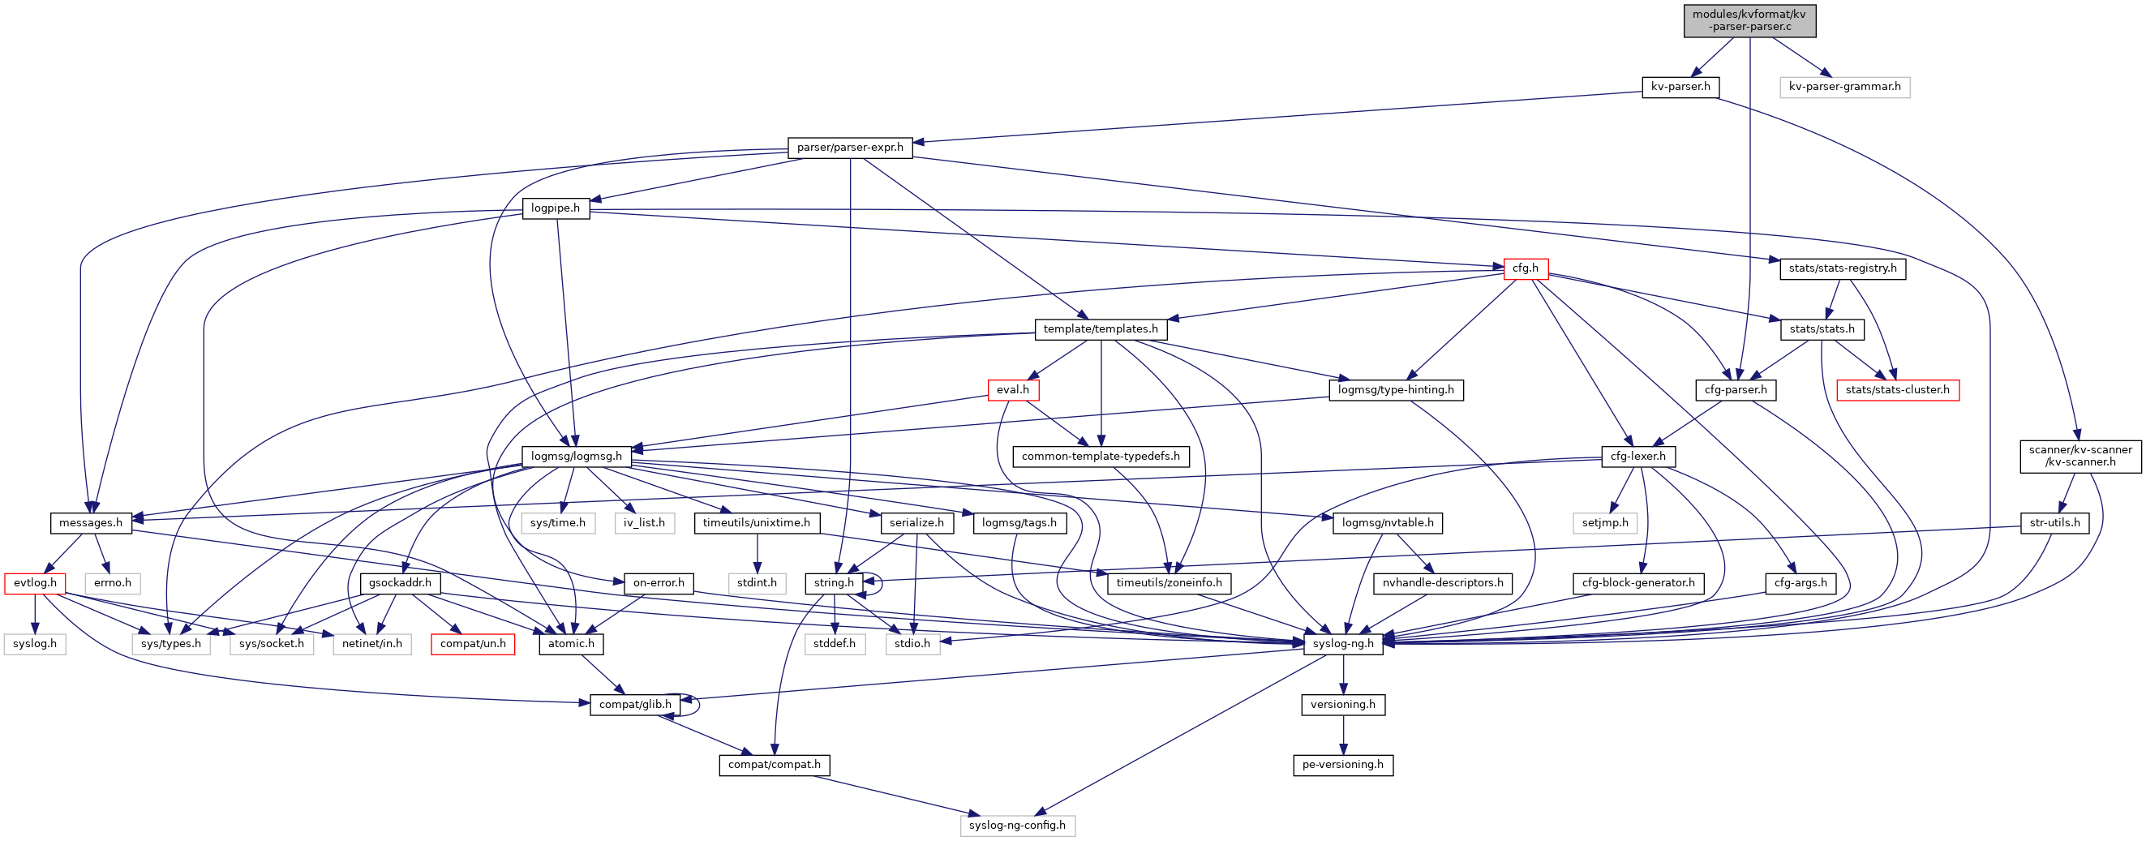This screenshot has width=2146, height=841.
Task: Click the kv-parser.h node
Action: point(1680,87)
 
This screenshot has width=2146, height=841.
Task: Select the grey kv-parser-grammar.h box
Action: point(1844,87)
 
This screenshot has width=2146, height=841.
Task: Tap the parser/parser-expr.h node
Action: point(850,148)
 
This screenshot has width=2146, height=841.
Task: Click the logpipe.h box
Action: point(556,208)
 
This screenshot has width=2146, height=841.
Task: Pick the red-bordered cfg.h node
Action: point(1526,268)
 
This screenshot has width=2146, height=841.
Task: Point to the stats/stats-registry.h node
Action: point(1842,268)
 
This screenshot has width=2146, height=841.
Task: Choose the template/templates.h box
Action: point(1100,329)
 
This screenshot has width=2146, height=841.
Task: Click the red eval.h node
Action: point(1012,390)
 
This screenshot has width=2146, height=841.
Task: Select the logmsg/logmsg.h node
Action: point(577,457)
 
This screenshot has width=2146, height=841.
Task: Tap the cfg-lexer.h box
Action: point(1637,457)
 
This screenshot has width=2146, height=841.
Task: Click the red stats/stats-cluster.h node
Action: point(1897,390)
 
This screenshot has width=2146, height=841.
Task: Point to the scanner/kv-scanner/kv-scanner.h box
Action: point(2079,456)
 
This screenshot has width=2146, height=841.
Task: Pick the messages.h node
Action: point(90,523)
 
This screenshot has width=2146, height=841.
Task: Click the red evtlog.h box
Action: point(35,583)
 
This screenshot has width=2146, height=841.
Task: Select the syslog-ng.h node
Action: point(1343,644)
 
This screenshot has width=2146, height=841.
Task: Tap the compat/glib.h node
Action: point(635,705)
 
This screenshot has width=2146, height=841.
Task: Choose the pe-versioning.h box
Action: point(1343,765)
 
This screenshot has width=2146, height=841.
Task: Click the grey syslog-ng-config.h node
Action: point(1017,825)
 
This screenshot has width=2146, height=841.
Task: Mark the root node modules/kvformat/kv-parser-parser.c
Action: point(1749,20)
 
